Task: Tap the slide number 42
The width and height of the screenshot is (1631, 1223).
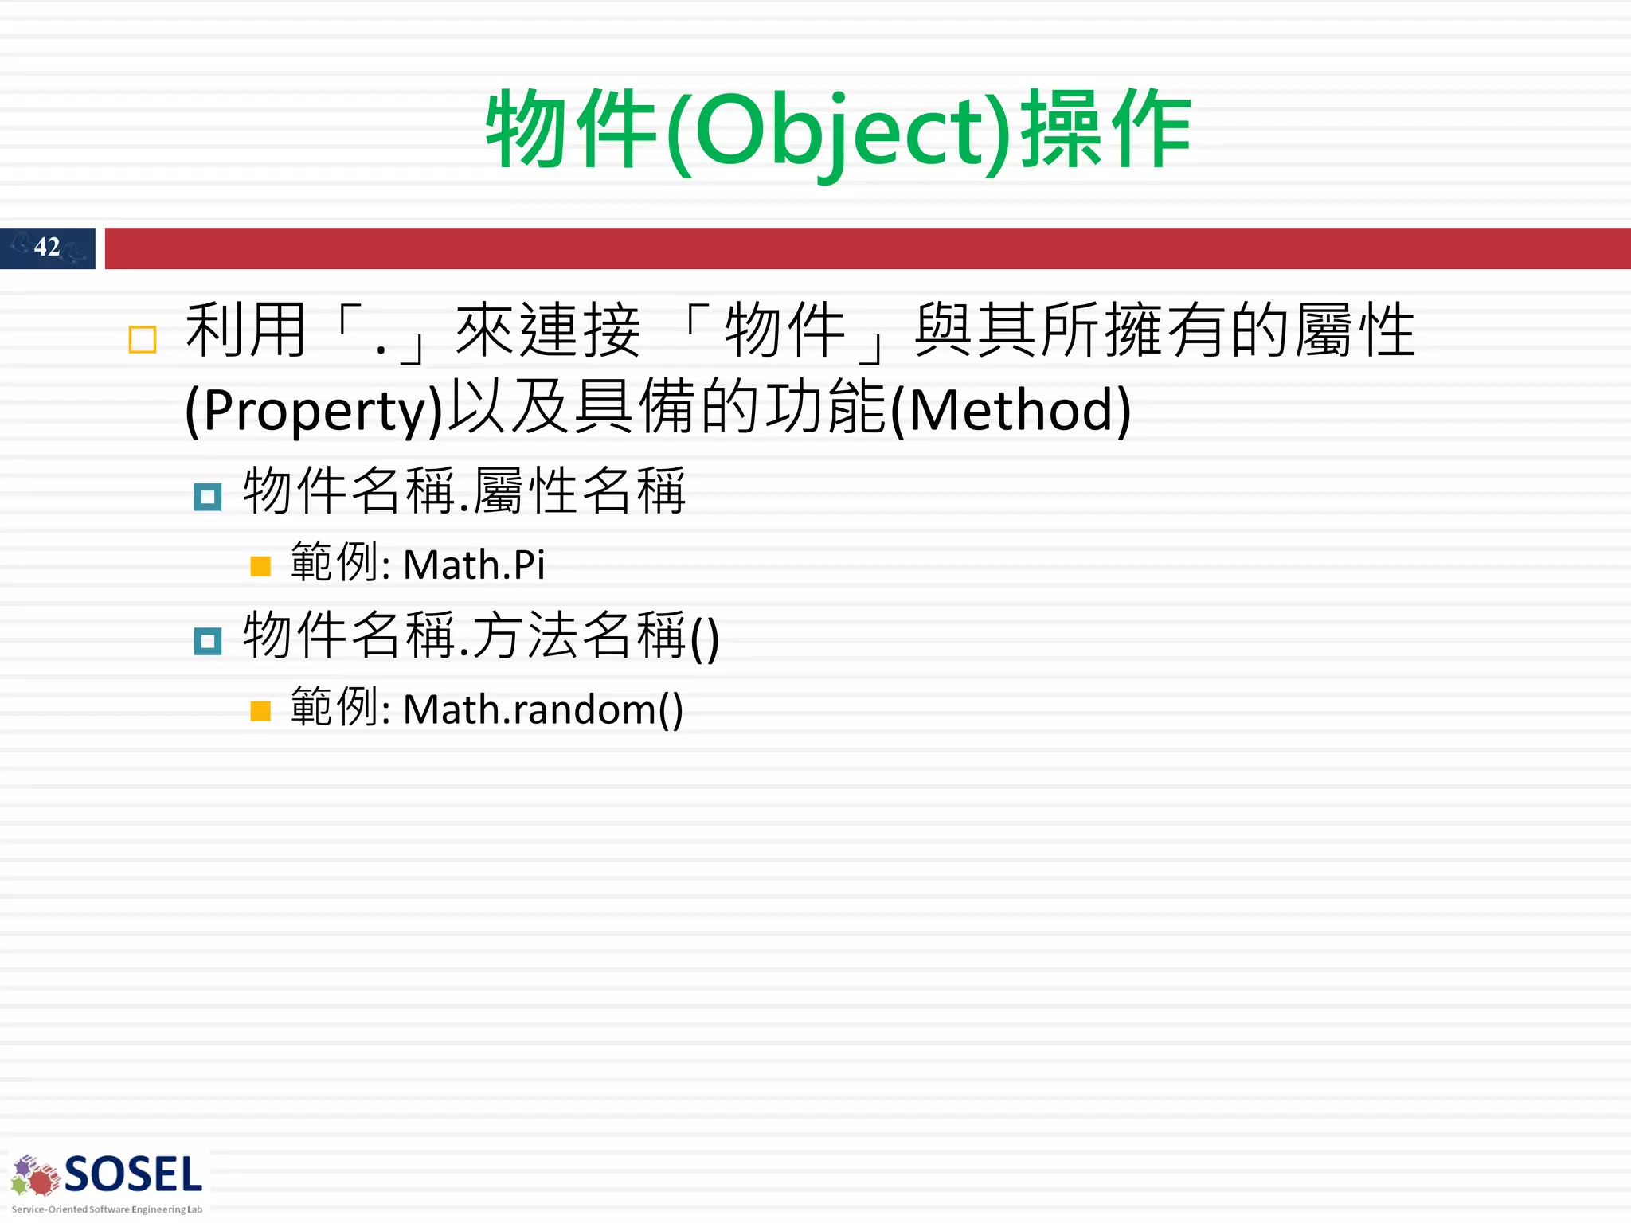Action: (x=47, y=247)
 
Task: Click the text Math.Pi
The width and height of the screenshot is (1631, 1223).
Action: (x=474, y=565)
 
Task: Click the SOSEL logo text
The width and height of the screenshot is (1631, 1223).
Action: (x=133, y=1175)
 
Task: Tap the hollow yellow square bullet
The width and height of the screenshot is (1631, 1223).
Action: (x=143, y=340)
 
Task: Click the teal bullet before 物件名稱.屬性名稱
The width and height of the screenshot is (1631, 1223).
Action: (x=208, y=498)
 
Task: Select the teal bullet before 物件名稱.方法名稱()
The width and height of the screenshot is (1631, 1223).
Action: (x=208, y=641)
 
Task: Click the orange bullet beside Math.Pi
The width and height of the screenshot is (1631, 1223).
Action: (x=260, y=566)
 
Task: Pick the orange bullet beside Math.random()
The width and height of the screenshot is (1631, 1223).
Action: (x=260, y=710)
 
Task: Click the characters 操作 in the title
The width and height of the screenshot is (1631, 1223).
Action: (x=1105, y=130)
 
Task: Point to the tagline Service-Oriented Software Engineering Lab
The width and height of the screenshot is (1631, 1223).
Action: (x=107, y=1209)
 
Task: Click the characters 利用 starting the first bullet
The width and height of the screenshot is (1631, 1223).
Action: (x=246, y=330)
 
